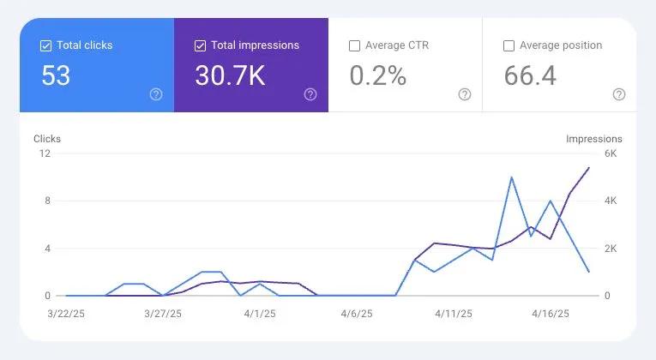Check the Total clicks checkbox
pyautogui.click(x=45, y=45)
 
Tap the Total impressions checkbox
pyautogui.click(x=200, y=45)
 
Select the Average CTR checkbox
pyautogui.click(x=354, y=45)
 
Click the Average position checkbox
pyautogui.click(x=509, y=45)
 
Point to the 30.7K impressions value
pyautogui.click(x=231, y=75)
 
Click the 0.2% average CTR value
pyautogui.click(x=377, y=75)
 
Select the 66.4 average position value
pyautogui.click(x=530, y=75)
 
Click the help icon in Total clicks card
pyautogui.click(x=155, y=94)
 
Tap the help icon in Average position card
pyautogui.click(x=618, y=94)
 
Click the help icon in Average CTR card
pyautogui.click(x=464, y=94)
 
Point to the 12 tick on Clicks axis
pyautogui.click(x=45, y=153)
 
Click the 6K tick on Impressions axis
pyautogui.click(x=611, y=153)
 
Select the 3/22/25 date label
pyautogui.click(x=66, y=315)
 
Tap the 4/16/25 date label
pyautogui.click(x=550, y=315)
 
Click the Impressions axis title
pyautogui.click(x=593, y=139)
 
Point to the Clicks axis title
pyautogui.click(x=47, y=139)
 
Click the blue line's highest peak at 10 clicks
pyautogui.click(x=512, y=177)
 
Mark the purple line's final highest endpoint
pyautogui.click(x=589, y=168)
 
